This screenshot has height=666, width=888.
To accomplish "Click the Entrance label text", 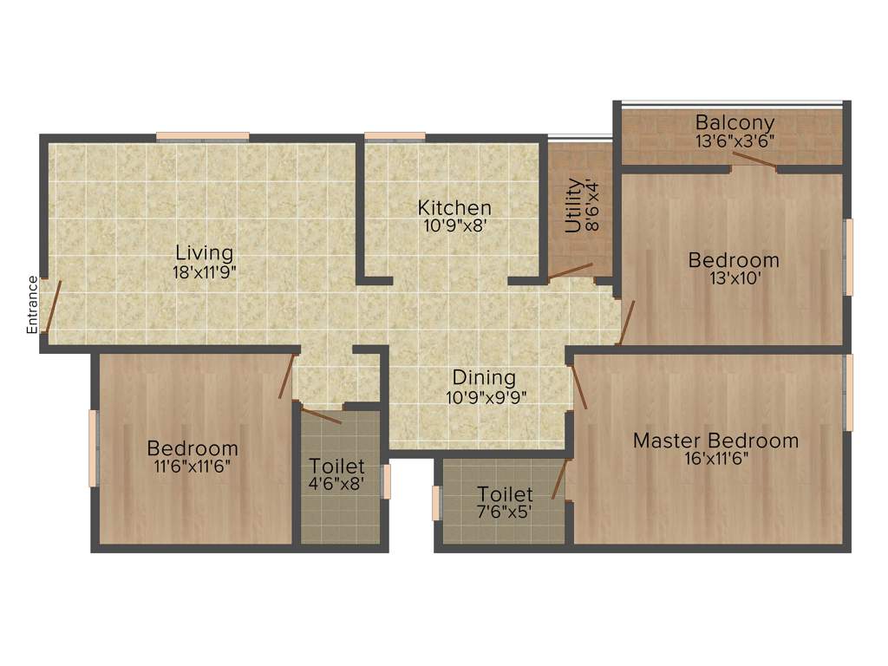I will (x=32, y=304).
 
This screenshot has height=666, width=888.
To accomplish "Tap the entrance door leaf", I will (x=52, y=306).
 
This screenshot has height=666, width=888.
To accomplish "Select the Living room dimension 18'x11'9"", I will (x=205, y=271).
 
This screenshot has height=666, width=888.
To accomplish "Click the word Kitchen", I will (x=454, y=208).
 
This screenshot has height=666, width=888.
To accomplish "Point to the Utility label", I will (x=573, y=206).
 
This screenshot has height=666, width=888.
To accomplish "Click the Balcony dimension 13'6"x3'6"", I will (x=735, y=140).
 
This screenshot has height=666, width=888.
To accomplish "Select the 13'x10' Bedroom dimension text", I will (x=734, y=278).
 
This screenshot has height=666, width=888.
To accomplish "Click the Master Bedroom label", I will (x=715, y=441).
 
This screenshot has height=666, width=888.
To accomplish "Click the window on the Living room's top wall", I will (x=203, y=136).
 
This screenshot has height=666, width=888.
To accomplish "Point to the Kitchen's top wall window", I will (x=395, y=136).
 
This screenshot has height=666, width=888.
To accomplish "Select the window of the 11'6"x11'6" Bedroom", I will (x=93, y=448).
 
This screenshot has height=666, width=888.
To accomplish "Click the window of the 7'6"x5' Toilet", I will (x=437, y=503).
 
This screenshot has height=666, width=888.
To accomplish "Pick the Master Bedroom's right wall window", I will (x=849, y=391).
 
